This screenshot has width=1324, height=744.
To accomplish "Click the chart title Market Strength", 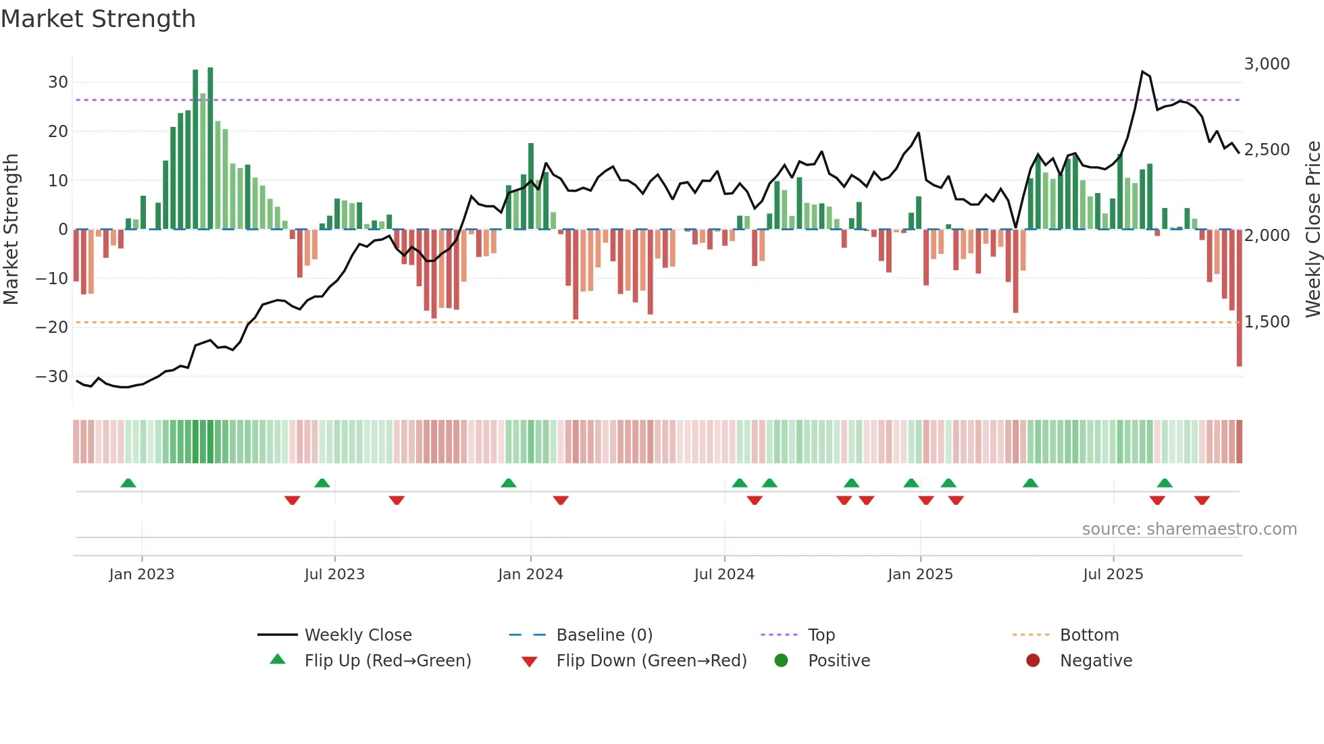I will [x=98, y=19].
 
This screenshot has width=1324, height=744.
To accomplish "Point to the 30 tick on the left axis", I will [x=58, y=82].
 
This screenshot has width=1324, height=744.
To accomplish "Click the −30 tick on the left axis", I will [x=53, y=377].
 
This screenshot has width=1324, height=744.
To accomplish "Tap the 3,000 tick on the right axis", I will [x=1267, y=64].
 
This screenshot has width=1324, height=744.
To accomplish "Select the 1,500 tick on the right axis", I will [x=1267, y=322].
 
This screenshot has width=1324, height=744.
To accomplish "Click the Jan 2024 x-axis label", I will [x=530, y=575].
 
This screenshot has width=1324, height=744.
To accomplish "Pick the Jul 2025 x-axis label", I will [x=1113, y=575].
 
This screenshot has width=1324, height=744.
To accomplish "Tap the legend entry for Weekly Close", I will [x=357, y=635].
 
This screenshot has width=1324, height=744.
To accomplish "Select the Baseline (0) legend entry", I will [x=604, y=635].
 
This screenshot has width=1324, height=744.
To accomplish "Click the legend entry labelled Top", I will [x=821, y=635].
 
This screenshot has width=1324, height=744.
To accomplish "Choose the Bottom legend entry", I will [x=1089, y=635].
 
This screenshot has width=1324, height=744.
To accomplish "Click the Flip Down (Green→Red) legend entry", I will [x=651, y=661].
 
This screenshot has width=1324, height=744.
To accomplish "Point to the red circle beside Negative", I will [x=1033, y=661].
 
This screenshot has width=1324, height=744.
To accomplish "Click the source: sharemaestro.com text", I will [x=1189, y=529].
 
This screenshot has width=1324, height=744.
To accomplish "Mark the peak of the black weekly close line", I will [x=1142, y=72].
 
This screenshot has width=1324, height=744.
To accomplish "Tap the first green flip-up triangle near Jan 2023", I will [x=128, y=483].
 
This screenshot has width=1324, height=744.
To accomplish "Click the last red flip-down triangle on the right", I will [x=1202, y=500].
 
